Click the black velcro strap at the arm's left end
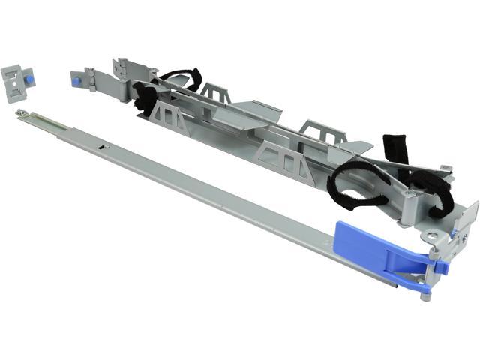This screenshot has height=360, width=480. [x=143, y=97]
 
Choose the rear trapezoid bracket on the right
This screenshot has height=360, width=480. [x=315, y=128]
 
